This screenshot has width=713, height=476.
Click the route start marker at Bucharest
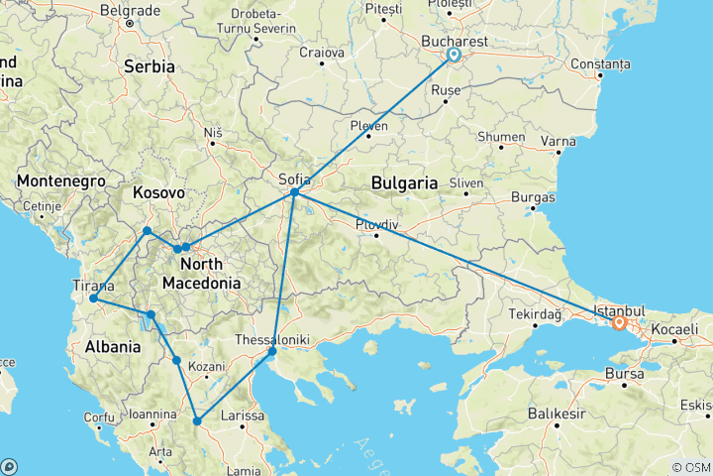454,56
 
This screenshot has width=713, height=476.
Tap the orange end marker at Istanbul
619,322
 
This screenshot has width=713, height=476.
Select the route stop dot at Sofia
295,192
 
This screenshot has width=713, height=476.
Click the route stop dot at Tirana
93,298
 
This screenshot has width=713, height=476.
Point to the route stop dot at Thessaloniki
272,351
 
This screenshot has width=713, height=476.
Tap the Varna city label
560,141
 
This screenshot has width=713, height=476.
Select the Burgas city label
534,197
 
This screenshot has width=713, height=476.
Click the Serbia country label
150,66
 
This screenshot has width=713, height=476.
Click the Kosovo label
159,192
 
